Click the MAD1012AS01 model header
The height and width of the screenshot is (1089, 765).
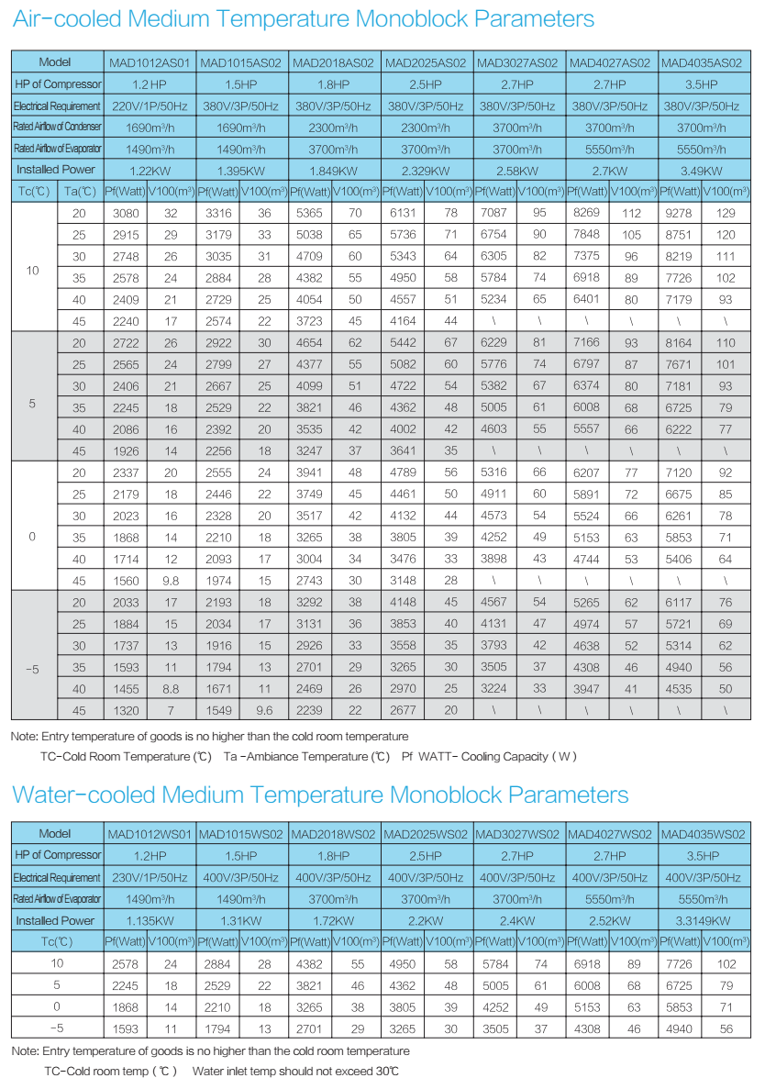point(150,63)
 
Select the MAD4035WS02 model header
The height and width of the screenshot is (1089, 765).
point(703,835)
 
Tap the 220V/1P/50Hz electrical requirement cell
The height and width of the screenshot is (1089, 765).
point(150,106)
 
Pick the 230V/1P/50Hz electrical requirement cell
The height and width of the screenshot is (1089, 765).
point(150,878)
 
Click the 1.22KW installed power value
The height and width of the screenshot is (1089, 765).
point(150,171)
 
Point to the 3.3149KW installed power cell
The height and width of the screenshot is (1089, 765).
point(703,921)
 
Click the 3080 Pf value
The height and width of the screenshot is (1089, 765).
point(125,213)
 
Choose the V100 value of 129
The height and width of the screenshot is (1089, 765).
point(725,213)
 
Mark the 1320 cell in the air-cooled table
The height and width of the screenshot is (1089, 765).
point(125,709)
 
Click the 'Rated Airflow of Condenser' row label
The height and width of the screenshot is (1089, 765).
point(57,127)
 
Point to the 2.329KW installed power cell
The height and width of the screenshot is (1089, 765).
point(427,171)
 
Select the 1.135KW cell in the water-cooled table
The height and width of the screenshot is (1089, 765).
point(150,921)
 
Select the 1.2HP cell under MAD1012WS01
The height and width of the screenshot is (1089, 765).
point(150,856)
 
